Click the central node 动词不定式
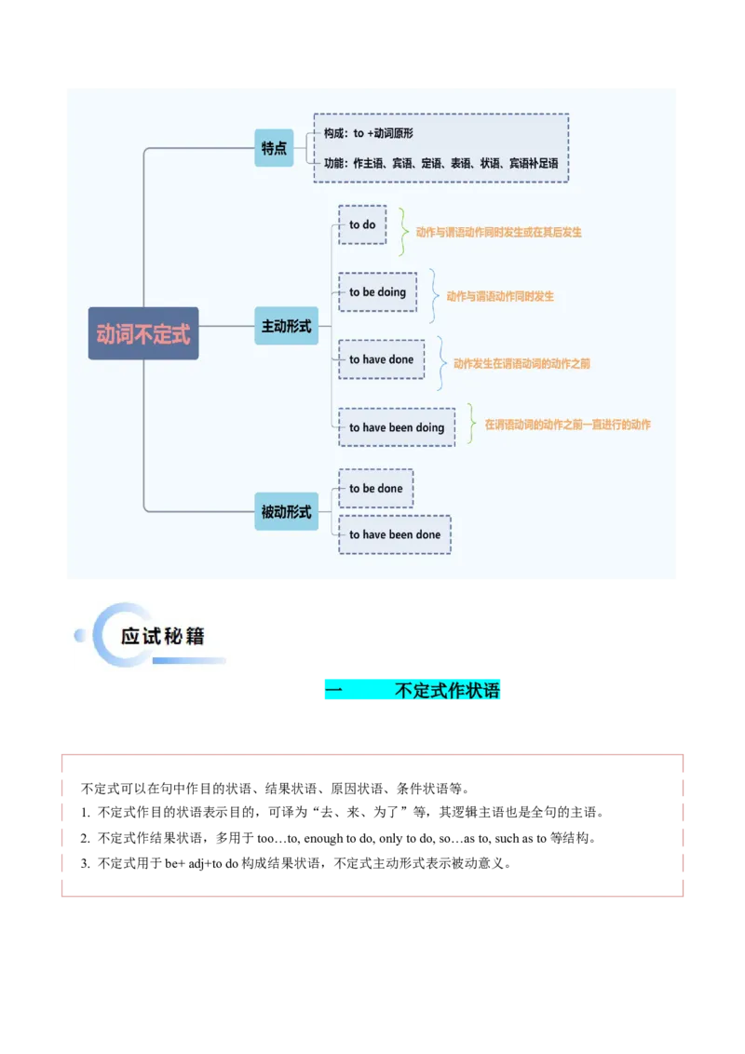pyautogui.click(x=143, y=333)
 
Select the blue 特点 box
pyautogui.click(x=274, y=148)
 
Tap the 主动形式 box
pyautogui.click(x=286, y=326)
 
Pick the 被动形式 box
pyautogui.click(x=286, y=511)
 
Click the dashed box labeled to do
pyautogui.click(x=362, y=224)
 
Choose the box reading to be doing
pyautogui.click(x=377, y=291)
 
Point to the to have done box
pyautogui.click(x=381, y=359)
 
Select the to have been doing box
pyautogui.click(x=397, y=427)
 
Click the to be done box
pyautogui.click(x=376, y=488)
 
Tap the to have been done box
pyautogui.click(x=395, y=534)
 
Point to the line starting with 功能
pyautogui.click(x=440, y=163)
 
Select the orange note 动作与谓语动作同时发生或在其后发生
pyautogui.click(x=498, y=232)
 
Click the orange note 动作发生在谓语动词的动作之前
pyautogui.click(x=521, y=363)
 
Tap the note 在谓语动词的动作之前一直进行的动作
pyautogui.click(x=567, y=425)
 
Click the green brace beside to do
pyautogui.click(x=403, y=231)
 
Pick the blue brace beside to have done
pyautogui.click(x=441, y=363)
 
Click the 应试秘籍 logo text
pyautogui.click(x=162, y=637)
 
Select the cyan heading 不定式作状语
pyautogui.click(x=413, y=690)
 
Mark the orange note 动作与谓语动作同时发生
pyautogui.click(x=500, y=296)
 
